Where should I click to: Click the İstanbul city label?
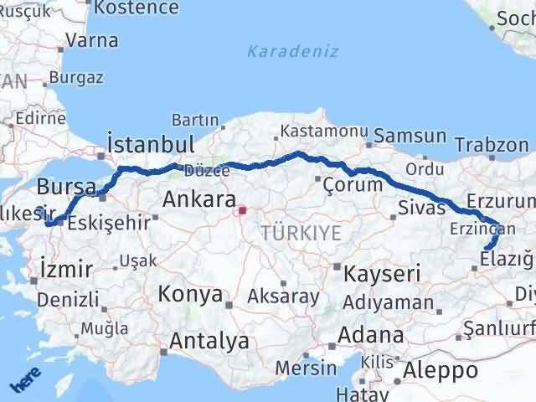(x=152, y=142)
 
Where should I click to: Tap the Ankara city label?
(x=198, y=199)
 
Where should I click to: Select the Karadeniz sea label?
(x=293, y=52)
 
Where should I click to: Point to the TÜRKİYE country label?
(x=301, y=233)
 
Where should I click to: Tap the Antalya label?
(x=209, y=341)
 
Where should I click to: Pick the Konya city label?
(x=192, y=295)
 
